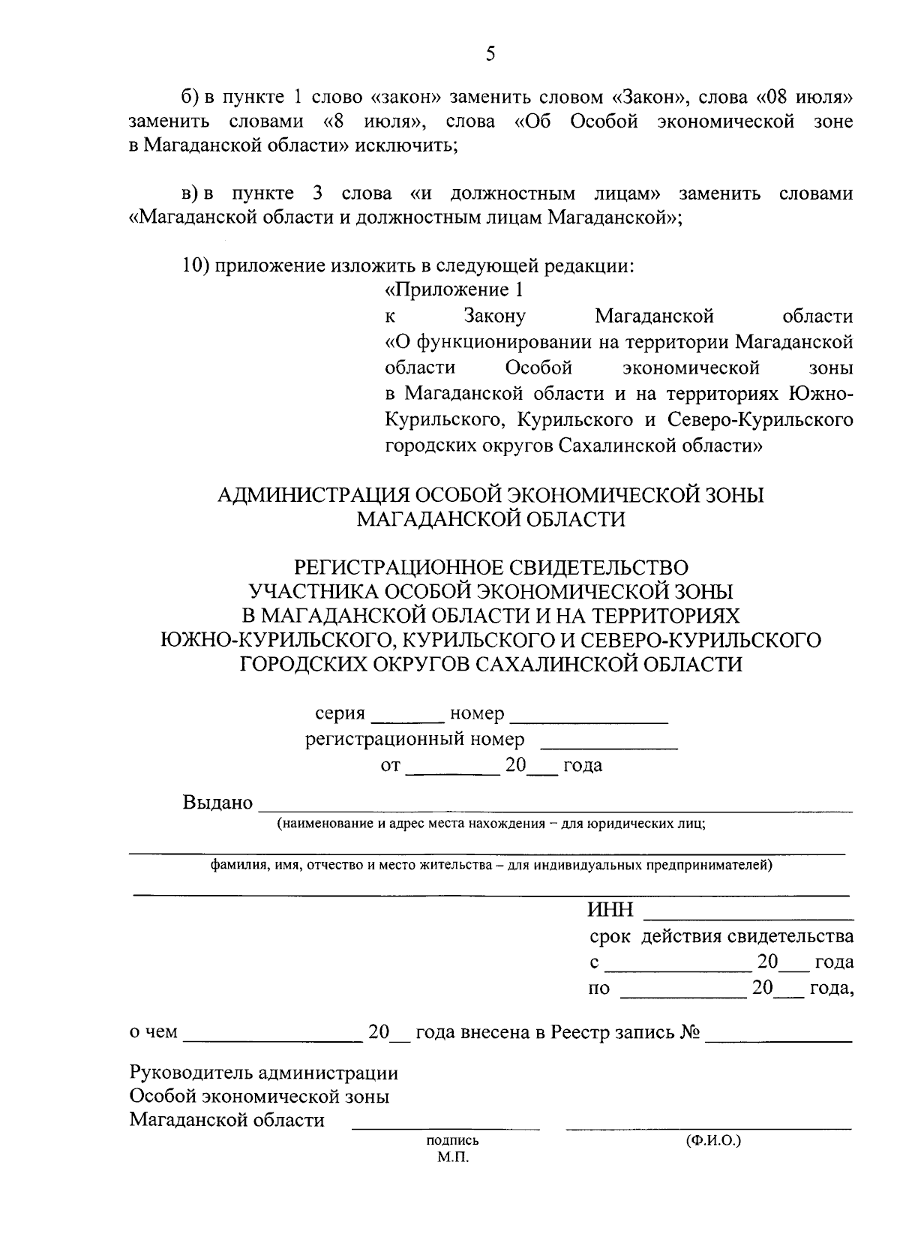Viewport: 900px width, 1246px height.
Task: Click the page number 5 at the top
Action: (490, 53)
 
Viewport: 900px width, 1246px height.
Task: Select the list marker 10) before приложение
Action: (196, 266)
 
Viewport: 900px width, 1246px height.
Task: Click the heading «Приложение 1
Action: (454, 290)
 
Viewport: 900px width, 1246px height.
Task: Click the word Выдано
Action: (217, 803)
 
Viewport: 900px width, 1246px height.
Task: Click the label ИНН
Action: (610, 911)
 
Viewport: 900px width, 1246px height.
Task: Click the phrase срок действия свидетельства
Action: (721, 936)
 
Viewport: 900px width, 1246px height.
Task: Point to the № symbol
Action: (690, 1032)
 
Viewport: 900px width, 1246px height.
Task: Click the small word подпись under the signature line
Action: (452, 1141)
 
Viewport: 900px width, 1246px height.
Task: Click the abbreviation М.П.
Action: (453, 1157)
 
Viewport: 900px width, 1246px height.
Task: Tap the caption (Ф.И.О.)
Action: (712, 1140)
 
